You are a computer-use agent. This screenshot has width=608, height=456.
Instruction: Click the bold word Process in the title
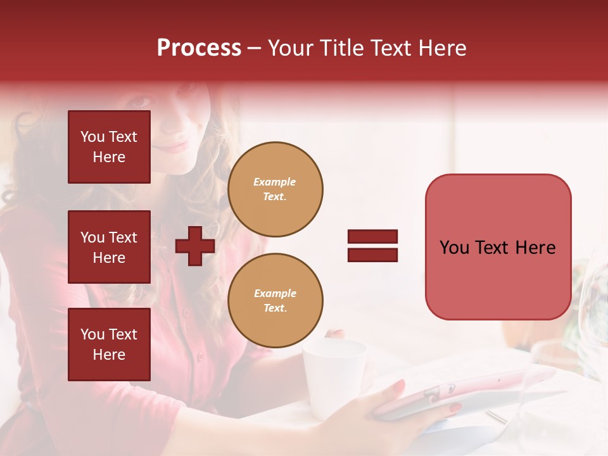[199, 48]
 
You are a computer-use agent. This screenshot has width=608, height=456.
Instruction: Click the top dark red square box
[109, 147]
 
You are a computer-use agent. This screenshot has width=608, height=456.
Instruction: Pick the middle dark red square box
[109, 247]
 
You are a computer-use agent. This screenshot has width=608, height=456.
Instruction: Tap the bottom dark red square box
[109, 345]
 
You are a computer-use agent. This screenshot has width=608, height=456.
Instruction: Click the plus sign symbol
[195, 246]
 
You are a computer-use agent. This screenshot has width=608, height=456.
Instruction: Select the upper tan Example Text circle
[275, 189]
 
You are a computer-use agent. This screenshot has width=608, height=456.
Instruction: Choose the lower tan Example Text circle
[275, 301]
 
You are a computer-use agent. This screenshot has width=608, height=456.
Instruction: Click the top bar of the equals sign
[372, 237]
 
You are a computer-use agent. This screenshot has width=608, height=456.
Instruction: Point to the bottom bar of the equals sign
[372, 255]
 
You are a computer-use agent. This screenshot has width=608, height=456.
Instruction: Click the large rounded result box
[498, 247]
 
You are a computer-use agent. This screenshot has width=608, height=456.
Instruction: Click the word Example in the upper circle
[275, 182]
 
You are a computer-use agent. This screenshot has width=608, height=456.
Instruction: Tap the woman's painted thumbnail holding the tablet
[399, 385]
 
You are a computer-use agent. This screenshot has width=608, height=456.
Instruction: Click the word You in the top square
[92, 137]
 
